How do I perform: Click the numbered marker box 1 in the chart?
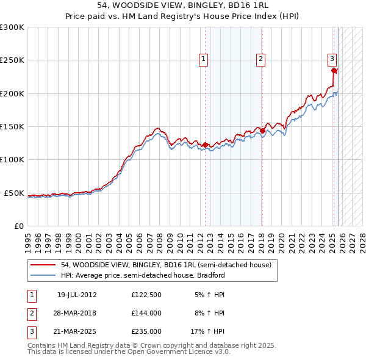(x=203, y=59)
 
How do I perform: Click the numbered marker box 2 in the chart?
(x=260, y=59)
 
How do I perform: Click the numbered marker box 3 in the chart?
(x=332, y=59)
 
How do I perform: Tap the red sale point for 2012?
(x=205, y=145)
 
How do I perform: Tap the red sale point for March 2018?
(x=262, y=131)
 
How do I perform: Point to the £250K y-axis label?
(x=12, y=60)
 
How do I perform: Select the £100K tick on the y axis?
(x=12, y=160)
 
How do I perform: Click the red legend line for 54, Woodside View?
(x=43, y=265)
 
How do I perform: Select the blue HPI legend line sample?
(x=43, y=275)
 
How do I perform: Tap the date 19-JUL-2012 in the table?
(x=77, y=294)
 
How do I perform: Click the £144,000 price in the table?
(x=146, y=313)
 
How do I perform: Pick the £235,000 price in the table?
(x=146, y=332)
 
